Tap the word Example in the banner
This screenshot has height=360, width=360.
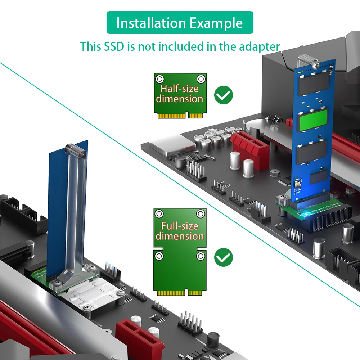point(216,23)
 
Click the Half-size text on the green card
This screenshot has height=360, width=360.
point(180,89)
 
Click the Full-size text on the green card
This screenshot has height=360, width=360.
point(180,226)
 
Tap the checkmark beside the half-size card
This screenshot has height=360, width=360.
point(224,95)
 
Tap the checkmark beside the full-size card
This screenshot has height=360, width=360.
point(224,257)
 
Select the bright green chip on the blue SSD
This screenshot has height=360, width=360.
point(313,120)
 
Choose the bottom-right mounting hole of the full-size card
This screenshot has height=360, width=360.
point(201,256)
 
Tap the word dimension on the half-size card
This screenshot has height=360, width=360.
point(180,99)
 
